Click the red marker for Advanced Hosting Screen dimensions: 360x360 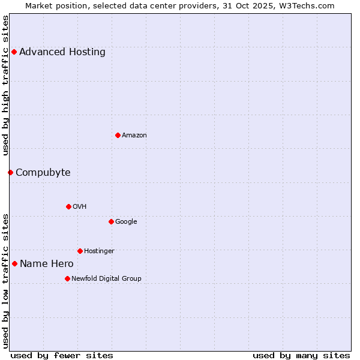(14, 52)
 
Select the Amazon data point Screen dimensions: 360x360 (118, 135)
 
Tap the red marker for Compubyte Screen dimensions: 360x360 (10, 173)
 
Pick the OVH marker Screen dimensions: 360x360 (68, 206)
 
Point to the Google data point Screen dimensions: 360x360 (111, 221)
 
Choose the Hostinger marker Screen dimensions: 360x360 (80, 251)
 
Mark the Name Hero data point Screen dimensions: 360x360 (14, 263)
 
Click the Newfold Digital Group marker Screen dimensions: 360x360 (67, 278)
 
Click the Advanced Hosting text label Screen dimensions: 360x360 (62, 52)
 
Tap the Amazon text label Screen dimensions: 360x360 (134, 135)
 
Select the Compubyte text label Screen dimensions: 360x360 (43, 173)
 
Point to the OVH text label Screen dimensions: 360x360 (80, 206)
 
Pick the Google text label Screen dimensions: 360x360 (126, 221)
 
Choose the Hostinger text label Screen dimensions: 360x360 (99, 251)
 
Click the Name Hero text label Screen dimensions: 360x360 (47, 263)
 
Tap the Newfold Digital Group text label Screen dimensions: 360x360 (106, 278)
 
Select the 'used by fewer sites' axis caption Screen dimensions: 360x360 (62, 355)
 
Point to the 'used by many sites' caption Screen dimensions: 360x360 (301, 355)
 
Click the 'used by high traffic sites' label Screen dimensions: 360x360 (6, 85)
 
